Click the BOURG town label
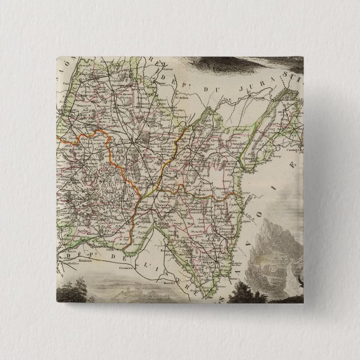point(136,141)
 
